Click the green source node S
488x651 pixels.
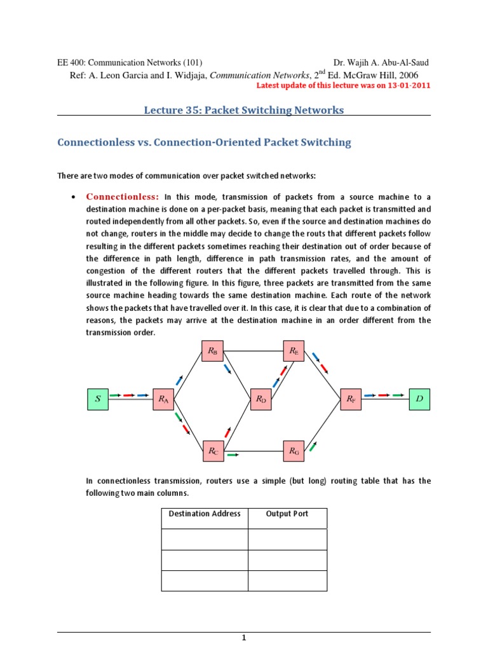[98, 399]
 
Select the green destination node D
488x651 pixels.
[419, 399]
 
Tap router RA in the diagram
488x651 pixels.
[163, 399]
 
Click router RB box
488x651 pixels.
[212, 350]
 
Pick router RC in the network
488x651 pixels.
[212, 451]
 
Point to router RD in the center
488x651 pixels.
[261, 399]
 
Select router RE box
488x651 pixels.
[294, 350]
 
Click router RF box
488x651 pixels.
[351, 399]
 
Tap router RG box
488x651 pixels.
[294, 451]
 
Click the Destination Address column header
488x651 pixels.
[205, 514]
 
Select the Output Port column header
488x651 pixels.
[287, 514]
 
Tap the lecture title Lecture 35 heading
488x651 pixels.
[244, 110]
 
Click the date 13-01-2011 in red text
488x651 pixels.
[405, 86]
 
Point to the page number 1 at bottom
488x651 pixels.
[243, 638]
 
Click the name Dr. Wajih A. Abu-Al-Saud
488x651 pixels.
[381, 62]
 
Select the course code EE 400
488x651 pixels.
[71, 62]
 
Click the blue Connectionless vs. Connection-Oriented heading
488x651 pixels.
[204, 142]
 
